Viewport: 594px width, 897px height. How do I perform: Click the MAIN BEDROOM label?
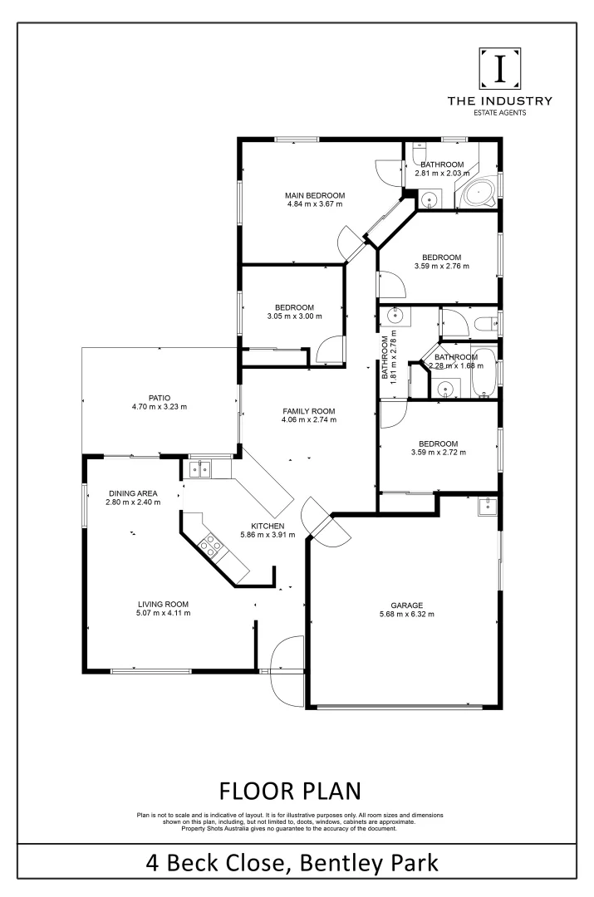point(315,195)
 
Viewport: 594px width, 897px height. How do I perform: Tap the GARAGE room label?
point(408,605)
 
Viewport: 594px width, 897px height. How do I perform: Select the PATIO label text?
point(160,398)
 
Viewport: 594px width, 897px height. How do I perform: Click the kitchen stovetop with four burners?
point(209,544)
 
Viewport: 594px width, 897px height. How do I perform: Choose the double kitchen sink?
point(199,470)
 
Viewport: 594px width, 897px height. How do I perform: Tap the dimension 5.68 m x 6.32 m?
point(408,615)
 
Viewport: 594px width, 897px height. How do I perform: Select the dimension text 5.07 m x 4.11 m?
point(164,614)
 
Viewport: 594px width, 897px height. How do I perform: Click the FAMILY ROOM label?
point(308,411)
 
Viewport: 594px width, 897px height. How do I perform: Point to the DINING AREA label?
point(132,493)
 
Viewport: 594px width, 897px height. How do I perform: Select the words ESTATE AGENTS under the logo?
point(500,112)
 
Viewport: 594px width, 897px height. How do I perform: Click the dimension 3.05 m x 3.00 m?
point(294,316)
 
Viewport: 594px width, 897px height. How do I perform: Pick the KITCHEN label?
point(268,526)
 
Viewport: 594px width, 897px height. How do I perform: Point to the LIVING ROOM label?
point(164,604)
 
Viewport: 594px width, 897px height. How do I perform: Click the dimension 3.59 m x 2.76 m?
point(441,267)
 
